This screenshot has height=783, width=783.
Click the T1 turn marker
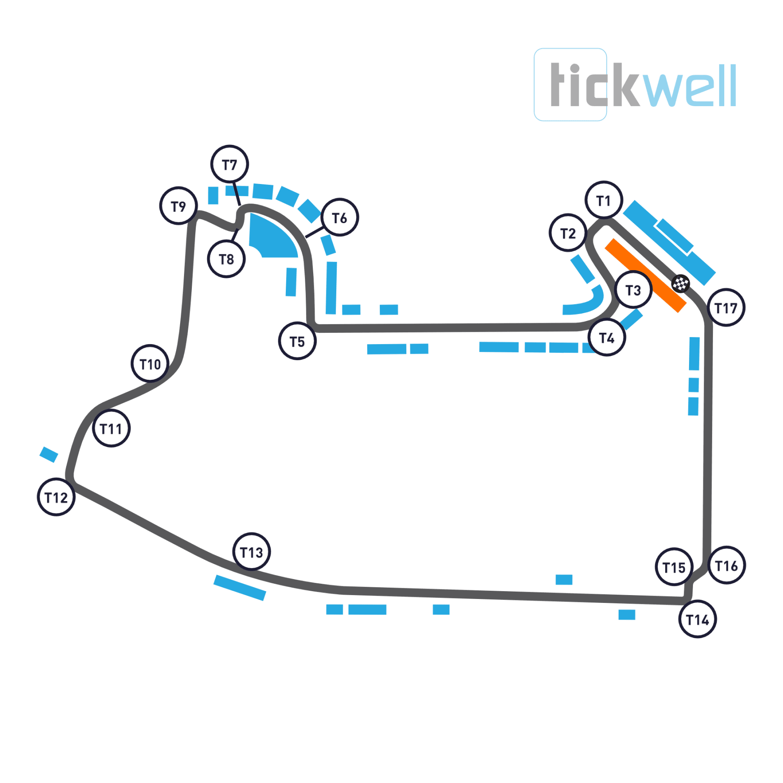604,200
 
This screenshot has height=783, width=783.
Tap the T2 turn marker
568,233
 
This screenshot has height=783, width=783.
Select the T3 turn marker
633,290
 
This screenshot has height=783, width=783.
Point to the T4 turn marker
607,338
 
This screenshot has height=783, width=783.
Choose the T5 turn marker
298,341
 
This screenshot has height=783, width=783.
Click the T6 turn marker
340,217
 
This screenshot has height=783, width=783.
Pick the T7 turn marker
230,164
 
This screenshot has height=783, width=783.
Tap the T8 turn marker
227,259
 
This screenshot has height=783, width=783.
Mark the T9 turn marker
179,206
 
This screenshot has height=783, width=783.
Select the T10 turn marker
150,364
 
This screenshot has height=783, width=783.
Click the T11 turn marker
111,429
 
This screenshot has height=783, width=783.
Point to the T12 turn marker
57,497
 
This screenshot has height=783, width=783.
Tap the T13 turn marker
252,552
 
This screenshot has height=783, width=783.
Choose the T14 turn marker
698,619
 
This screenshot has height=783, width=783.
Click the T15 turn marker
674,567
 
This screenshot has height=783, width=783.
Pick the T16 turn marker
727,565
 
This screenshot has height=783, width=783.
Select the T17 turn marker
726,308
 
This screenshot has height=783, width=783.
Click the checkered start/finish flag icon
681,284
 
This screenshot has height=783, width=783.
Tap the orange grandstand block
646,275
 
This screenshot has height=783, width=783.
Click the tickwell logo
635,85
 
